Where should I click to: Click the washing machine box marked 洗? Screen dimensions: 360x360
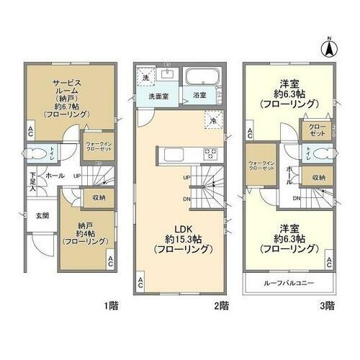[145, 78]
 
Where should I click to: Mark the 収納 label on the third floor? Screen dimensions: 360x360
[318, 177]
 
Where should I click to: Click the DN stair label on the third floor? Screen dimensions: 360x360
[296, 197]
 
